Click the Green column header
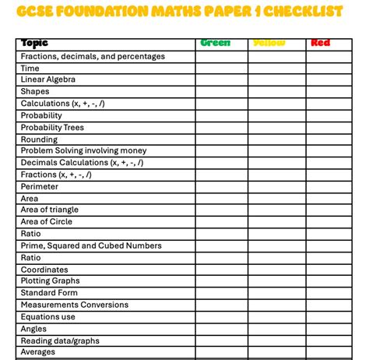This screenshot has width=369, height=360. click(x=216, y=43)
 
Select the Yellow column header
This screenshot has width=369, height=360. click(x=269, y=43)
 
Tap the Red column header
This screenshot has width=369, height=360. click(x=320, y=43)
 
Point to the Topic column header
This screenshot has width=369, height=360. click(x=34, y=43)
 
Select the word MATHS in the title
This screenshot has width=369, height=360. click(x=163, y=12)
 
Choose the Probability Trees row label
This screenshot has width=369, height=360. click(x=52, y=127)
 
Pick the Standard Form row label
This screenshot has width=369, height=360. click(x=49, y=293)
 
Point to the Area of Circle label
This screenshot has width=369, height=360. click(x=46, y=221)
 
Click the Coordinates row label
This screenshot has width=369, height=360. click(x=44, y=270)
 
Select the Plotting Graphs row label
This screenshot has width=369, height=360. click(x=50, y=281)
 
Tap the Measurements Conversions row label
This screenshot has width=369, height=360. click(x=74, y=305)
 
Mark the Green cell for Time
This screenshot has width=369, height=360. click(x=223, y=68)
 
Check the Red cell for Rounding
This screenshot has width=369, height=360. click(x=329, y=139)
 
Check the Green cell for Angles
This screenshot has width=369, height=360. click(x=223, y=329)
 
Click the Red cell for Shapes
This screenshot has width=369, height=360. click(x=329, y=92)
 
